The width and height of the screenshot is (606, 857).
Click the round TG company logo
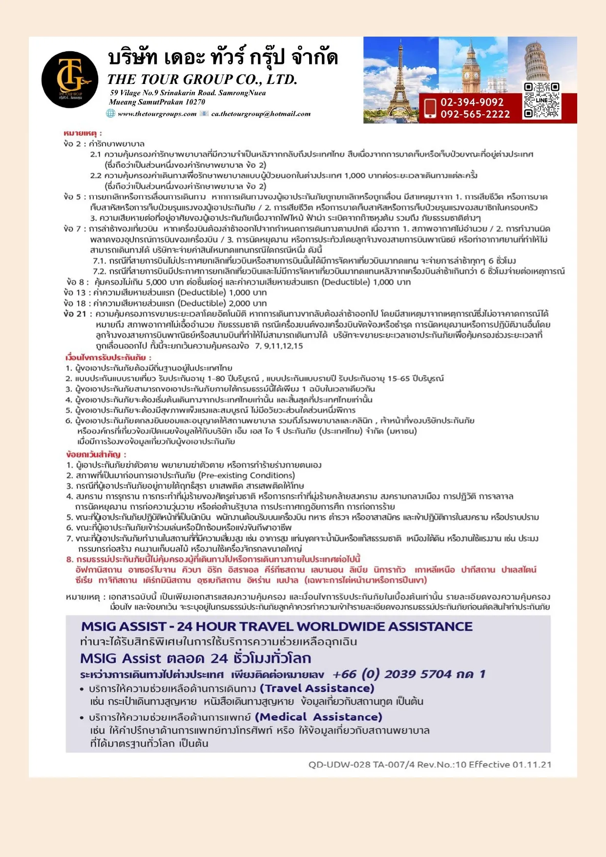tap(70, 80)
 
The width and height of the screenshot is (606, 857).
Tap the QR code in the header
tap(542, 101)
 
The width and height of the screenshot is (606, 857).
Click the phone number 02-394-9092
tap(472, 102)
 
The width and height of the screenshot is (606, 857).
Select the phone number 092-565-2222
tap(475, 114)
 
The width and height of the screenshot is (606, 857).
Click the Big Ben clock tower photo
tap(472, 64)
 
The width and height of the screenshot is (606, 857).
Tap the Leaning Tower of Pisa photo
tap(541, 59)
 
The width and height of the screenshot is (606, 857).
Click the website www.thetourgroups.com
tap(157, 114)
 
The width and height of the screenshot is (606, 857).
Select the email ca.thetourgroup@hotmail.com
tap(261, 114)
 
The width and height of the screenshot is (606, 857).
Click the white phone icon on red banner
tap(430, 108)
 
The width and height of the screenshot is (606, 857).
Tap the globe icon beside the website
tap(111, 114)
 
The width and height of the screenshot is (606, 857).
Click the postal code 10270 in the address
tap(195, 102)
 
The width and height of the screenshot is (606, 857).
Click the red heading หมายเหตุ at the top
tap(83, 133)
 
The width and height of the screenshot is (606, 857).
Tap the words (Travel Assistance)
tap(317, 689)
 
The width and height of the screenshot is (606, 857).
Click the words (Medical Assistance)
tap(318, 717)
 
